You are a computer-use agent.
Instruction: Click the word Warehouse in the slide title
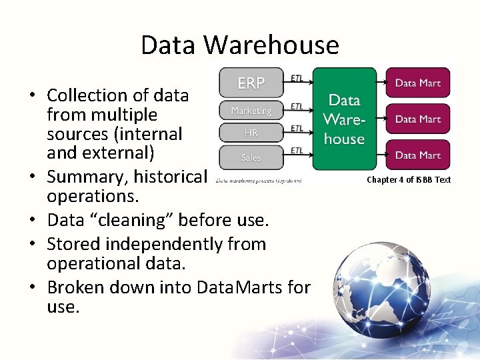[271, 45]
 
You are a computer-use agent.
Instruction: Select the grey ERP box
[251, 83]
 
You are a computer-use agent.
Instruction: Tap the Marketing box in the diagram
[251, 111]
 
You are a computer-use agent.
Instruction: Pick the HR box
[251, 133]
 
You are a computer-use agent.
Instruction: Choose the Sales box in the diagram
[251, 157]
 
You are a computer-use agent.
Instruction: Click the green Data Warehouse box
[344, 119]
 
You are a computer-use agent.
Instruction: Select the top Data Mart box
[418, 83]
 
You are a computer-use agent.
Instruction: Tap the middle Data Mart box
[418, 119]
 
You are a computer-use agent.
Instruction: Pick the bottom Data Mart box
[418, 155]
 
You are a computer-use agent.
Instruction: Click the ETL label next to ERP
[297, 77]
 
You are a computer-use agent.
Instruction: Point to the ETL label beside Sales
[297, 151]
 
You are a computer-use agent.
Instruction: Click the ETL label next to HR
[297, 128]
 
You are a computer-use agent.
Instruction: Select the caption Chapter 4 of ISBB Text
[409, 179]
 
